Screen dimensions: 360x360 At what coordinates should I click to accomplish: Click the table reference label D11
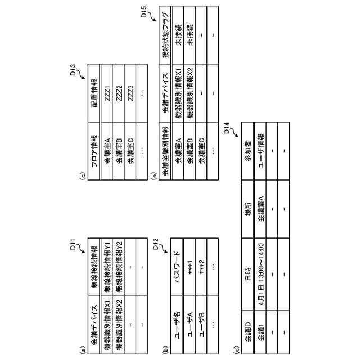(x=73, y=246)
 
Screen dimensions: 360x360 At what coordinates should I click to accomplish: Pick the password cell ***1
(x=190, y=262)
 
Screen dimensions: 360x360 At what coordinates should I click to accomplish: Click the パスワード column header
(x=178, y=262)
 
